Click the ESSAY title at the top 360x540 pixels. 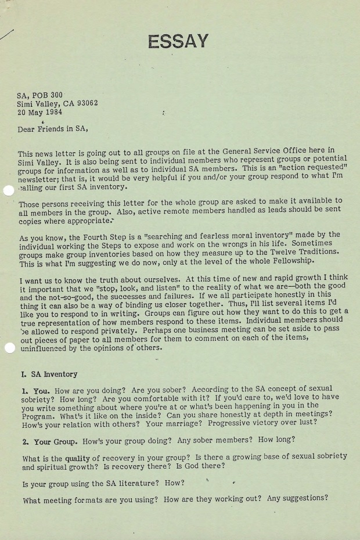[178, 41]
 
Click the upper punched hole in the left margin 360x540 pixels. [9, 191]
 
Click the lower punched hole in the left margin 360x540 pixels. [9, 348]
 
